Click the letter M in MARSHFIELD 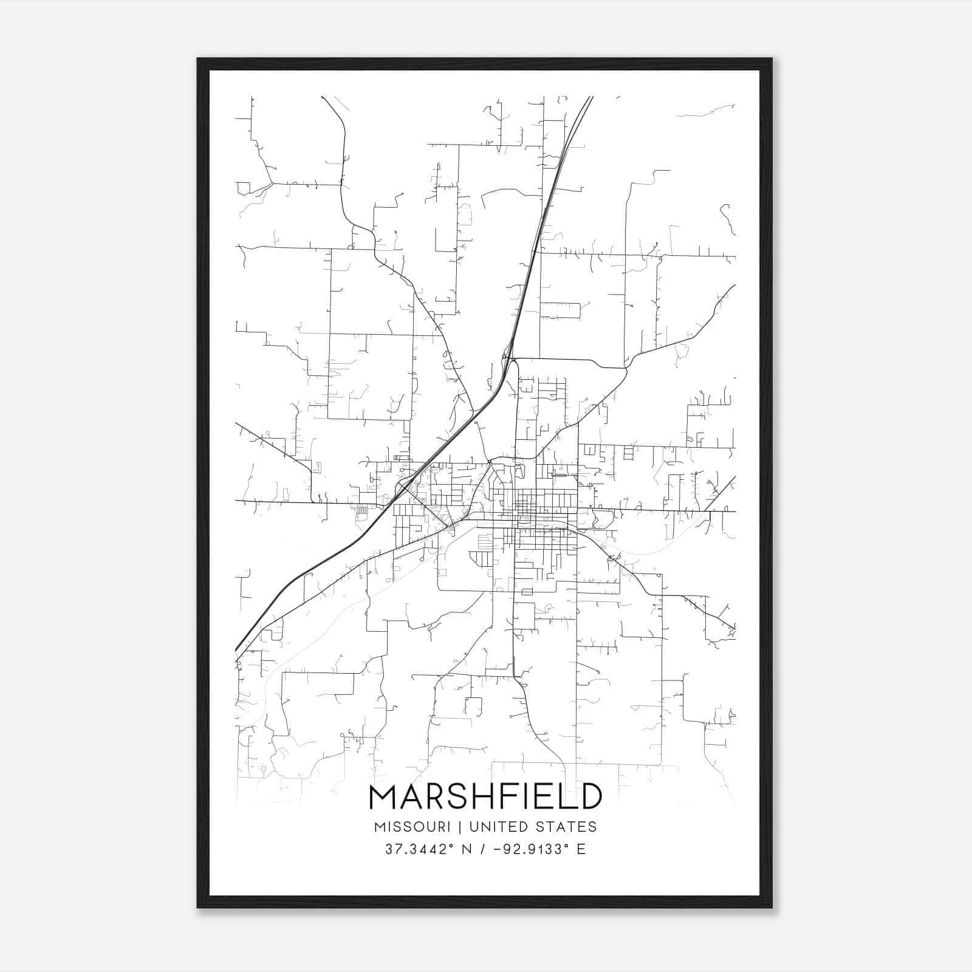(x=384, y=797)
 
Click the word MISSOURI (x=412, y=827)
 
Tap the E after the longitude (x=581, y=849)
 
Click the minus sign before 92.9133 (x=498, y=849)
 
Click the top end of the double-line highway (x=590, y=97)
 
